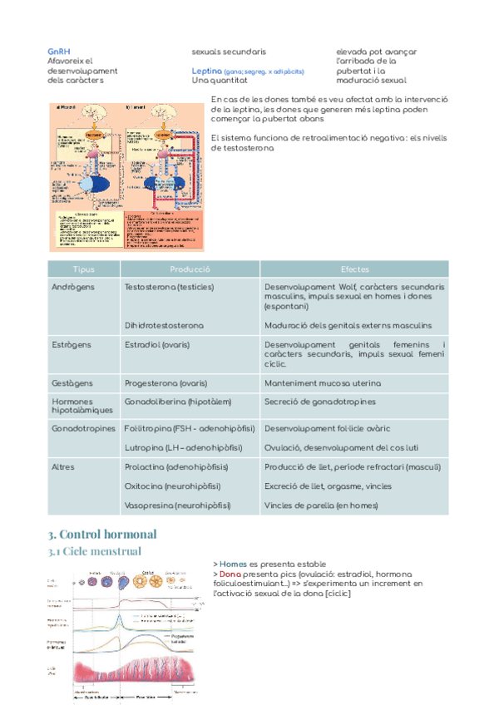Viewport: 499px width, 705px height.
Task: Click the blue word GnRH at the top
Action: point(59,52)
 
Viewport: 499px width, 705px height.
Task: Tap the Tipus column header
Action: point(84,269)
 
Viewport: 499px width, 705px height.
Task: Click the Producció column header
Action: point(190,269)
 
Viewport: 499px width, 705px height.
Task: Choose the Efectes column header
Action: point(354,269)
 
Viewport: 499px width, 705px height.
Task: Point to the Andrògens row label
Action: point(72,287)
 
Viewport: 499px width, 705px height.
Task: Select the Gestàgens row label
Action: point(72,383)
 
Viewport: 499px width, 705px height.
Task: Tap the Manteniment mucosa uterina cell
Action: point(323,383)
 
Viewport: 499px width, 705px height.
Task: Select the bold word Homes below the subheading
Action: point(233,564)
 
